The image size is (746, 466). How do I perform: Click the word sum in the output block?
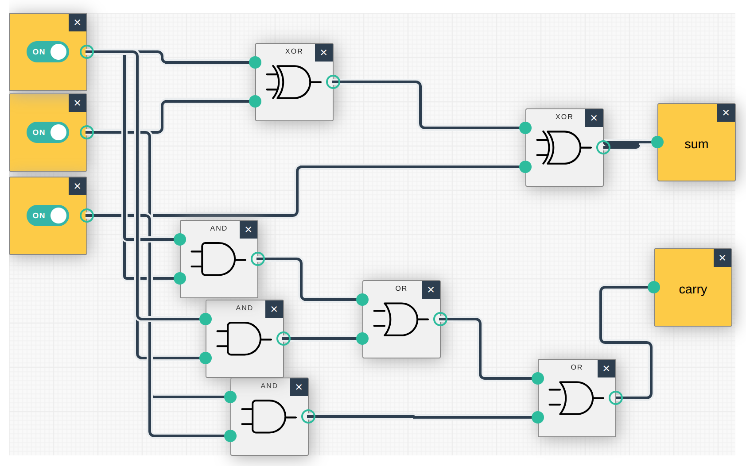(x=696, y=144)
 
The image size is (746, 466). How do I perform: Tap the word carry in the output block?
(x=692, y=289)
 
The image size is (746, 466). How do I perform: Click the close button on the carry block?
(x=722, y=258)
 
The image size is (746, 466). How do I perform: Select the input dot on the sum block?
(x=657, y=142)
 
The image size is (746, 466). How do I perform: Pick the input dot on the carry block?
(x=654, y=287)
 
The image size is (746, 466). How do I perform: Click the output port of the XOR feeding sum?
(x=603, y=147)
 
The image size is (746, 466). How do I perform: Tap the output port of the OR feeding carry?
(x=615, y=398)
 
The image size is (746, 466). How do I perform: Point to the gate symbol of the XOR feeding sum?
(x=560, y=147)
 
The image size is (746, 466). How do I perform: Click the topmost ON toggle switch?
(x=48, y=52)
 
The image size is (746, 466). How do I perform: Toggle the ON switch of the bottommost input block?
(x=48, y=216)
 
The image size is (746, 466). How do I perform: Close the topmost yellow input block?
(x=78, y=23)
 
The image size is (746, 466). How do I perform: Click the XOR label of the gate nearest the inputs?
(x=294, y=51)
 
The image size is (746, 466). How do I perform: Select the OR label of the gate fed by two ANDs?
(x=401, y=289)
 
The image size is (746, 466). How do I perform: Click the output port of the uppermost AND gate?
(x=258, y=259)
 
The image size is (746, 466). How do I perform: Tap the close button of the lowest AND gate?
(x=299, y=387)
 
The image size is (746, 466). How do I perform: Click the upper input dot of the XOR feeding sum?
(x=525, y=128)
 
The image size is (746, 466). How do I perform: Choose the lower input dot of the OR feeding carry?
(x=538, y=417)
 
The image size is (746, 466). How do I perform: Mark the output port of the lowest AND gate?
(x=308, y=416)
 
